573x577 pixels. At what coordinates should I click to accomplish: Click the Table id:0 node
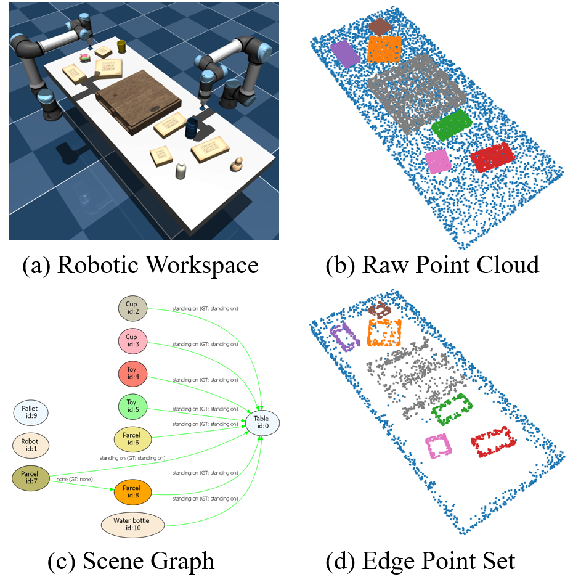[262, 422]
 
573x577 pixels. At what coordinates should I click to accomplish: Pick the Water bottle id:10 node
[132, 525]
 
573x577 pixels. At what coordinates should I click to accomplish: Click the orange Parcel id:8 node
[132, 491]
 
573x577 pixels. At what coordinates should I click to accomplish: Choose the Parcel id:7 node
[30, 478]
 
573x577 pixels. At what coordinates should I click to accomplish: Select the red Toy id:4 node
[132, 374]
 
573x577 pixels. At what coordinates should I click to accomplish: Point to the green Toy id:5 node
[132, 407]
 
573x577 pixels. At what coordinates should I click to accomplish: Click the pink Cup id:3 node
[132, 341]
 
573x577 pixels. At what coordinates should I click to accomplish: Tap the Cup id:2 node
[132, 308]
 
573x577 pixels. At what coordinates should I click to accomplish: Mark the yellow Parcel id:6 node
[132, 440]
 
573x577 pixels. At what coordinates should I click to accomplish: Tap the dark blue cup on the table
[192, 128]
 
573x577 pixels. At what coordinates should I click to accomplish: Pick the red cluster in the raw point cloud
[493, 157]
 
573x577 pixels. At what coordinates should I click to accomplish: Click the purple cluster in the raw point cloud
[345, 54]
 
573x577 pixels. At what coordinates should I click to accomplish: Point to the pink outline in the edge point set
[439, 446]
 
